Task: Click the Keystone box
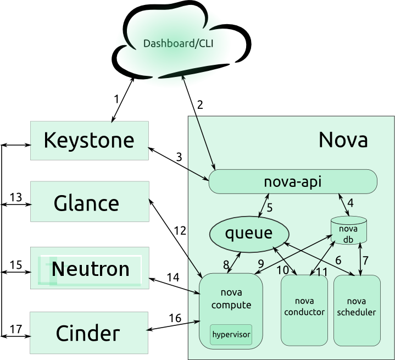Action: click(x=90, y=140)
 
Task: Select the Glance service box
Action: click(x=90, y=201)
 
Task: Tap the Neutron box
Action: click(x=90, y=268)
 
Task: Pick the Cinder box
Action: click(x=89, y=333)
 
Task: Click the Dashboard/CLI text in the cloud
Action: click(x=178, y=43)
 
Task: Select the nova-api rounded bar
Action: click(x=293, y=181)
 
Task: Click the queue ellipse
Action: click(x=249, y=234)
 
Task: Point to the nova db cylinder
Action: click(x=348, y=230)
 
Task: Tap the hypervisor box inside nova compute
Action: click(x=231, y=335)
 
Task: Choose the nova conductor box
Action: click(x=304, y=310)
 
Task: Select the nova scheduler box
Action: click(x=357, y=311)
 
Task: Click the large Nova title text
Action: click(x=343, y=140)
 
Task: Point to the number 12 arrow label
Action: click(x=180, y=231)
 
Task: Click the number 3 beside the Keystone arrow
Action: click(x=179, y=157)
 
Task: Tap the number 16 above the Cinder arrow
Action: click(x=175, y=318)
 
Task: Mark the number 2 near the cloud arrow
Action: click(x=200, y=105)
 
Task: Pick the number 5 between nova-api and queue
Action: click(x=270, y=208)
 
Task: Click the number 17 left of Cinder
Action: click(x=15, y=329)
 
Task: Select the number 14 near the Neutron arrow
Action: click(x=173, y=278)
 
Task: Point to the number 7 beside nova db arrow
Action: click(x=365, y=261)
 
